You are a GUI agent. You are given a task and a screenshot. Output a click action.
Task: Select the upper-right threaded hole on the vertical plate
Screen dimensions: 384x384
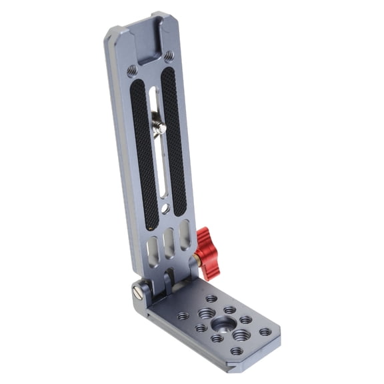pos(169,56)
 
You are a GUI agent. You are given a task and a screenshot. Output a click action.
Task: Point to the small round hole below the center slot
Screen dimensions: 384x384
pos(165,208)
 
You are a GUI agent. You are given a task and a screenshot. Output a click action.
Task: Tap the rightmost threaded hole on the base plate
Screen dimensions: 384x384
pos(265,331)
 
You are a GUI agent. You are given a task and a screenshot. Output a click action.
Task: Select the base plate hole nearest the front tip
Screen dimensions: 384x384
pos(237,351)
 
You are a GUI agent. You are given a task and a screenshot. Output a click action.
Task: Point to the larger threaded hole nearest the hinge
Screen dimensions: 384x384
pos(206,313)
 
